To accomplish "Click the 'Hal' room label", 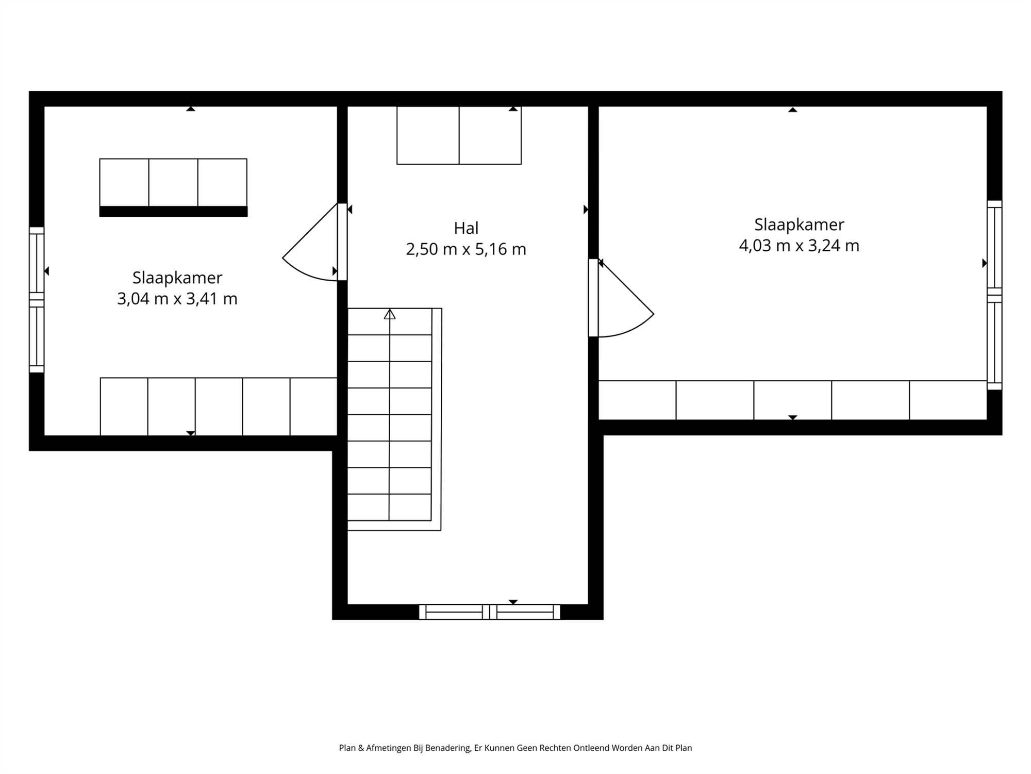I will click(466, 228).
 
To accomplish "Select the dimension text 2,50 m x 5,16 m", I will click(466, 249).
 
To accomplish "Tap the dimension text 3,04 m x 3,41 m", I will click(177, 299).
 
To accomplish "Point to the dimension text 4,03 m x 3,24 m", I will click(799, 246).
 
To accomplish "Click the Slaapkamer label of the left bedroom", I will click(177, 278).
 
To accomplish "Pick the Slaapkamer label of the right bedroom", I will click(799, 224).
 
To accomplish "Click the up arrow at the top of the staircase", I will click(390, 314).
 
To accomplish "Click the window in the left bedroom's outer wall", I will click(37, 299).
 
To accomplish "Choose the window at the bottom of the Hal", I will click(489, 612).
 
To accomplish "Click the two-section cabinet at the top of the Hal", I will click(459, 135).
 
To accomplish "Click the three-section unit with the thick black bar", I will click(173, 187).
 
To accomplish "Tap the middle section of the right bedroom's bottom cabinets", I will click(792, 400).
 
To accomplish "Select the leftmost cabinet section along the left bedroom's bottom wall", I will click(124, 407).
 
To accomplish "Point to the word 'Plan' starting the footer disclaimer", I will click(347, 748).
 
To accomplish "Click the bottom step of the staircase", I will click(389, 507).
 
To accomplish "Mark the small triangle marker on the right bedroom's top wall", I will click(792, 109).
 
